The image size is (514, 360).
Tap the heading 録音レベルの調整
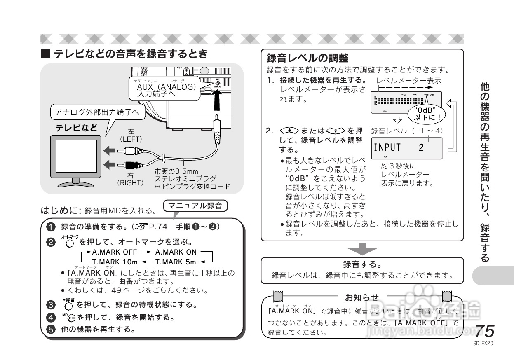pos(307,57)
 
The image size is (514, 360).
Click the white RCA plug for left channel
pos(131,151)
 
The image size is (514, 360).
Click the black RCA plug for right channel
pos(131,166)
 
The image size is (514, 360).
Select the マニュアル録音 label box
pos(195,206)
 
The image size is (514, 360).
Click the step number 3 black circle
pos(50,305)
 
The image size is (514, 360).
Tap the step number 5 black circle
pos(50,330)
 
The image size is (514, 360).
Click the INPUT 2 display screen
pos(406,147)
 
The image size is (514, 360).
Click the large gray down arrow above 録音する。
pos(361,249)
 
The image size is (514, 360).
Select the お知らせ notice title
pos(361,297)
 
